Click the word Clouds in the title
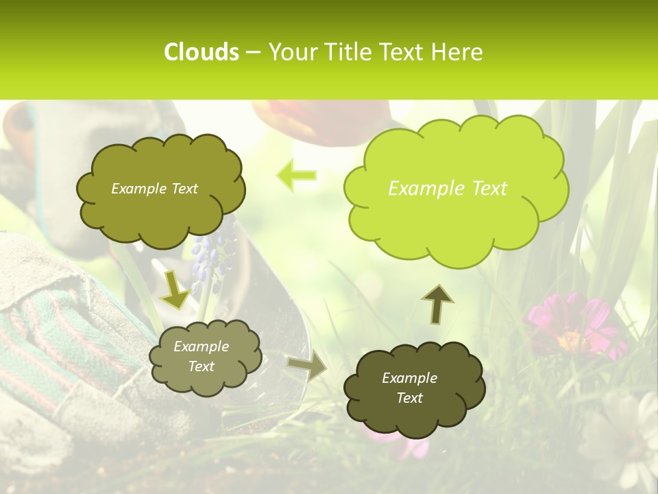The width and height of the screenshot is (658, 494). tap(202, 52)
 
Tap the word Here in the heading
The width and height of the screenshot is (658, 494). tap(457, 52)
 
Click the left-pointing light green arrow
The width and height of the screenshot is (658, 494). tap(296, 174)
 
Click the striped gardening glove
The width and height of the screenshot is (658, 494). tap(62, 343)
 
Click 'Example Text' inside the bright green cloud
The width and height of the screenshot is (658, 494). tap(448, 189)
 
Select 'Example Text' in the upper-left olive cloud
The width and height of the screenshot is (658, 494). tap(154, 189)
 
